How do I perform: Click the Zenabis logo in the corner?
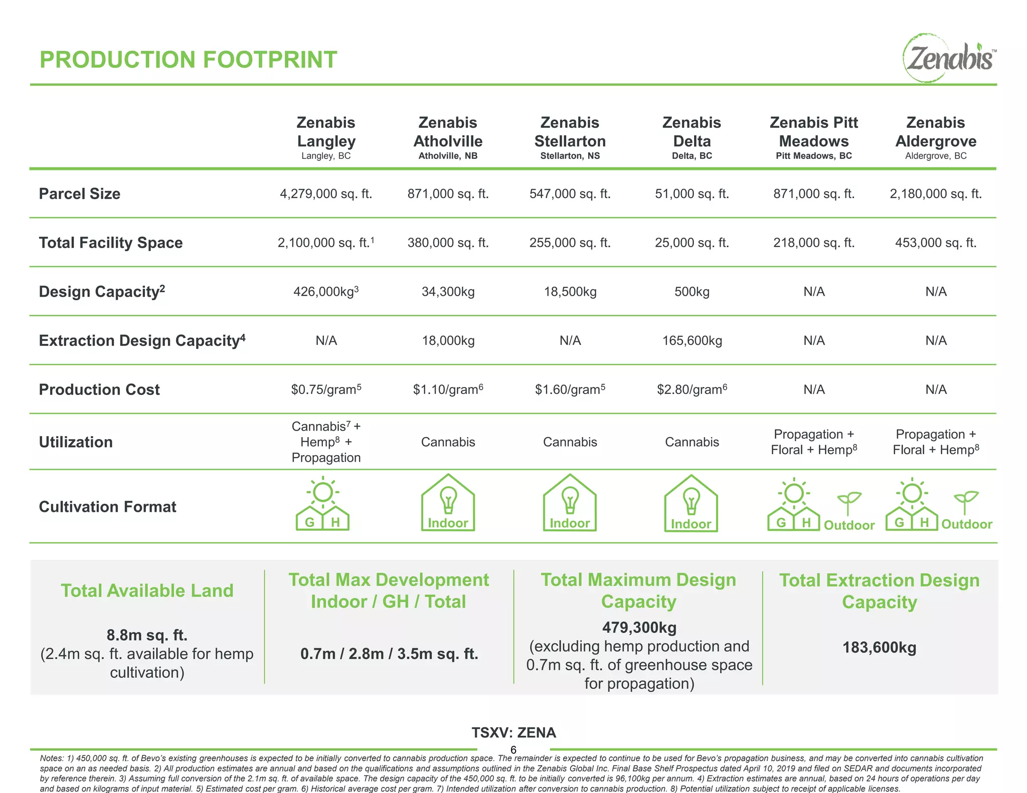click(949, 58)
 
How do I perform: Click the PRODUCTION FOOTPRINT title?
click(188, 60)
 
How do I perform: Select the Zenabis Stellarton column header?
click(570, 132)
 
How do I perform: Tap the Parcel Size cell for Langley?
click(326, 194)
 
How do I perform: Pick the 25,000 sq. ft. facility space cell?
click(692, 243)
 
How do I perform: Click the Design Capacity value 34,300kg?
click(448, 292)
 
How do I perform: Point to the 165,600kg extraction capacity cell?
click(692, 341)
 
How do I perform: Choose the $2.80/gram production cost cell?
click(692, 389)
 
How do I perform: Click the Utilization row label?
click(76, 442)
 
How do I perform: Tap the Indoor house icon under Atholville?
click(448, 503)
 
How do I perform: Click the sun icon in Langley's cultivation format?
click(323, 492)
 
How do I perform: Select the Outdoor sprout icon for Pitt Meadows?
click(848, 502)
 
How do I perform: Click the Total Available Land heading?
click(147, 590)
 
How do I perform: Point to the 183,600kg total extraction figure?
click(879, 648)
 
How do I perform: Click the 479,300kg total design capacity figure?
click(639, 628)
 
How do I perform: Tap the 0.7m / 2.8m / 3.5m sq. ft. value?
click(389, 654)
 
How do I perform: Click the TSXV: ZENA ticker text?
click(513, 733)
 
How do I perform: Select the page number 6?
click(513, 750)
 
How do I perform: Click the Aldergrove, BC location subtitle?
click(935, 156)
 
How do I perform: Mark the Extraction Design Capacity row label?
click(142, 341)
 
